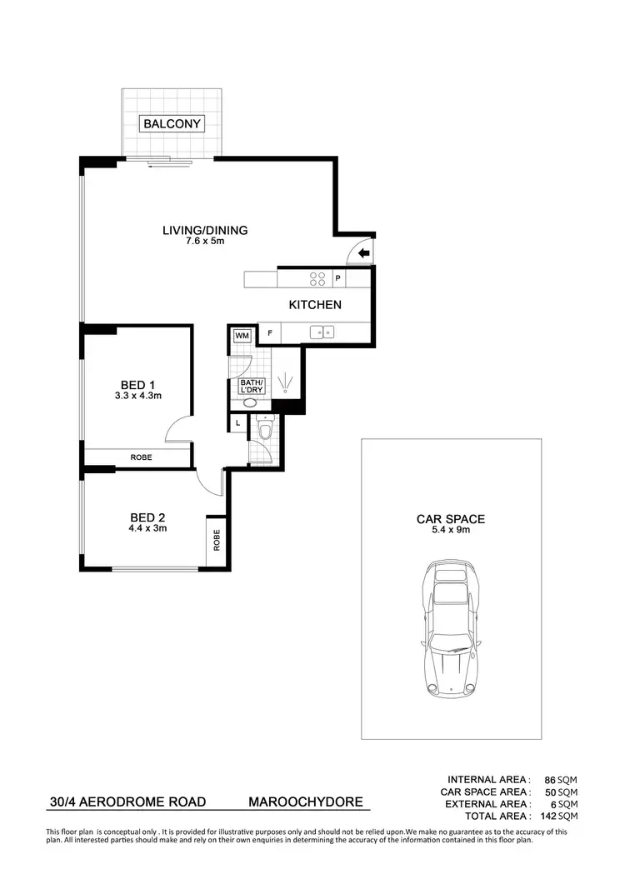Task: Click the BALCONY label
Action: (172, 124)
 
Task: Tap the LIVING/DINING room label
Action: (205, 231)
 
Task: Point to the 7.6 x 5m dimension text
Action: (205, 242)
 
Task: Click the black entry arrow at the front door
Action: (364, 254)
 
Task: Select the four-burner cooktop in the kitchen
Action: (317, 279)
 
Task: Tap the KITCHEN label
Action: (315, 305)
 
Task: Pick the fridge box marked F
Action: (269, 333)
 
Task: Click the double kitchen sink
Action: (322, 332)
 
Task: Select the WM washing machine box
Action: (242, 335)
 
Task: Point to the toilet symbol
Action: (264, 428)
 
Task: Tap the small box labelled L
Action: (238, 423)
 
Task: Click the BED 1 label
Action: (137, 384)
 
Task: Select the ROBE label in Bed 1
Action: (140, 457)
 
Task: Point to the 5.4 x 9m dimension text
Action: (451, 531)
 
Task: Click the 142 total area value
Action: (547, 817)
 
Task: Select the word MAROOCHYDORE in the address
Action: (306, 803)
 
